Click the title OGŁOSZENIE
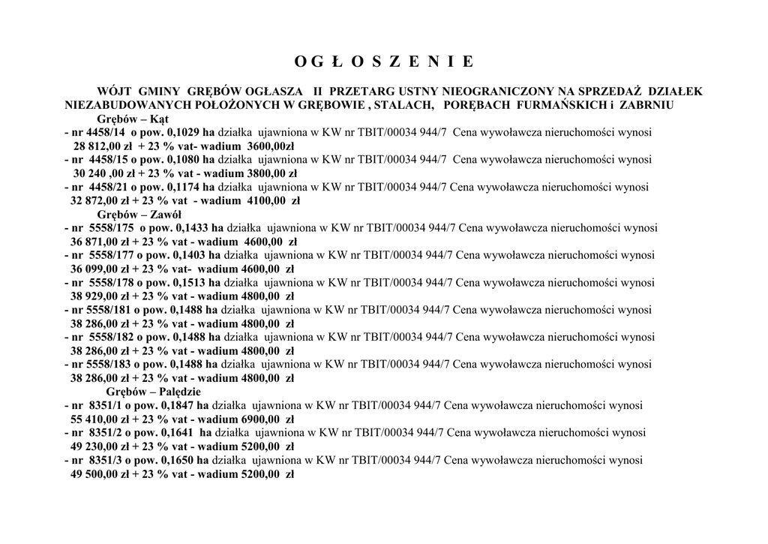pyautogui.click(x=383, y=61)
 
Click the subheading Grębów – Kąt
pyautogui.click(x=133, y=119)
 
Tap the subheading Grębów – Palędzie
pyautogui.click(x=153, y=392)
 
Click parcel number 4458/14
pyautogui.click(x=105, y=132)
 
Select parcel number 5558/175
pyautogui.click(x=111, y=228)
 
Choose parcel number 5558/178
pyautogui.click(x=111, y=283)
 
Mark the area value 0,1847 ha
pyautogui.click(x=184, y=406)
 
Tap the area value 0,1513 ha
pyautogui.click(x=196, y=283)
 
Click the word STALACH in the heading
pyautogui.click(x=403, y=105)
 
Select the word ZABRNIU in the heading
pyautogui.click(x=646, y=105)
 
